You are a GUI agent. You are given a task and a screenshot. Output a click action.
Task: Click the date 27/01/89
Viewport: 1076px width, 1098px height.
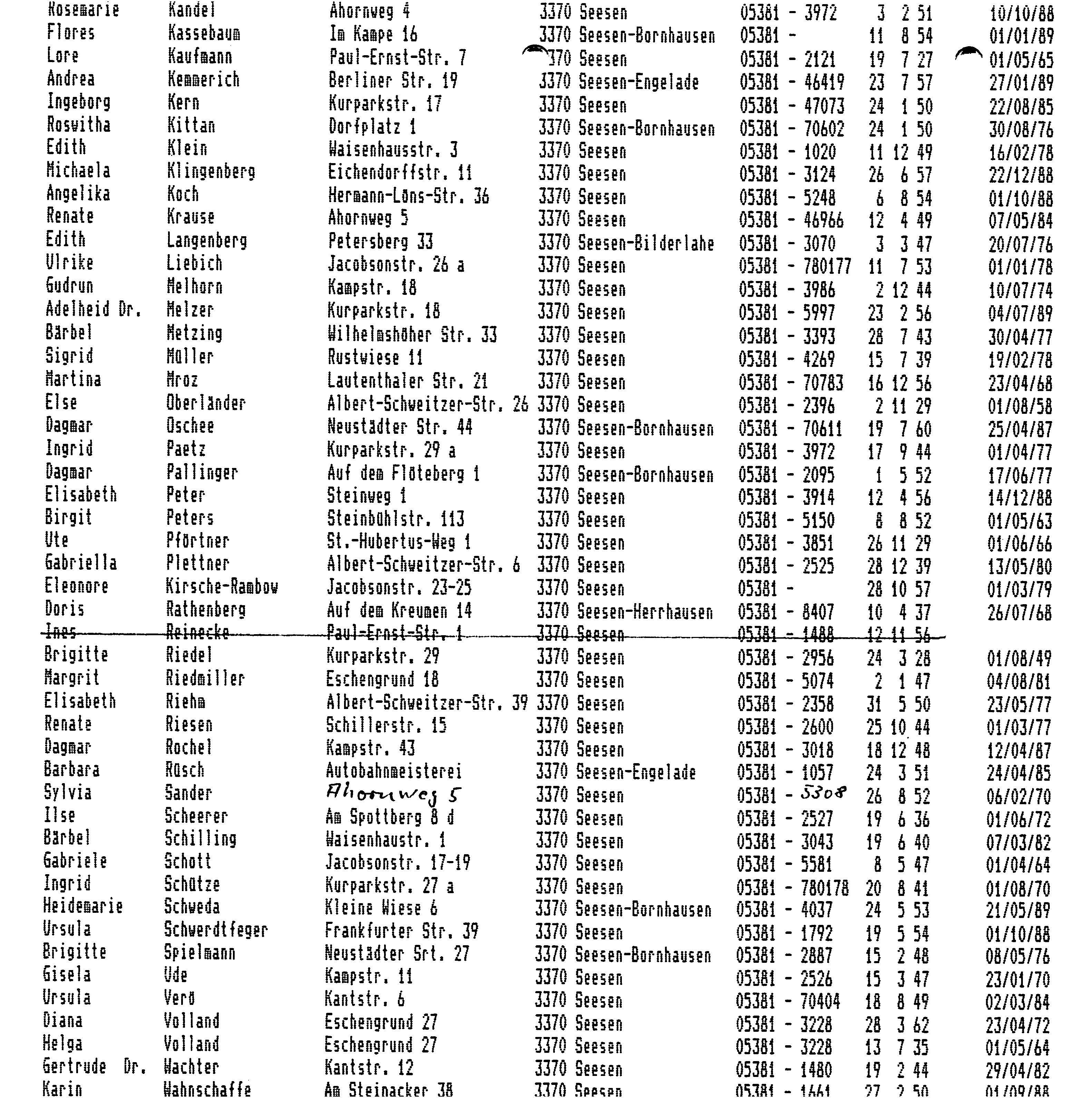pyautogui.click(x=1021, y=82)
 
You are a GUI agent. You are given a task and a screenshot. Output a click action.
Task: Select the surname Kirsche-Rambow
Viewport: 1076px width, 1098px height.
pyautogui.click(x=222, y=587)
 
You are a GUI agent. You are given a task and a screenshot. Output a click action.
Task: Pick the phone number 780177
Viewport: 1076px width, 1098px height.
pyautogui.click(x=827, y=266)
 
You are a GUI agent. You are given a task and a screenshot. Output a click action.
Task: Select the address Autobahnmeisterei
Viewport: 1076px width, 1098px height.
pyautogui.click(x=393, y=771)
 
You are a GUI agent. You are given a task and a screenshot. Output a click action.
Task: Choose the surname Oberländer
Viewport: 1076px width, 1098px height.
pyautogui.click(x=206, y=403)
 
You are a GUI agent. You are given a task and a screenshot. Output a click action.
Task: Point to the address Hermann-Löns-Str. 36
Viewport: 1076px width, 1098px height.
pyautogui.click(x=408, y=197)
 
